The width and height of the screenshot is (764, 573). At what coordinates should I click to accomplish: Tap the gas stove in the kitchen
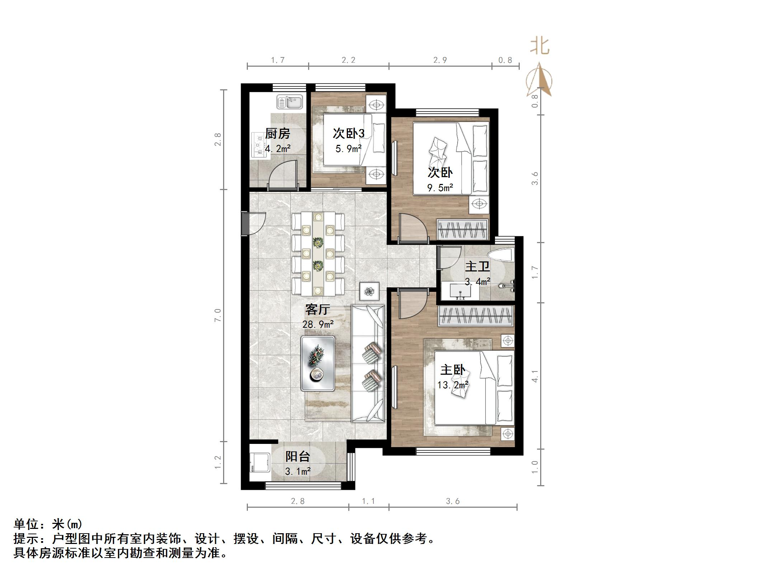[x=258, y=145]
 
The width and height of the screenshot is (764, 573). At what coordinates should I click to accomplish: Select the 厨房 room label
[x=277, y=134]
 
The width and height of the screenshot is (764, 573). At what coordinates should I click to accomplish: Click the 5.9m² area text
[x=348, y=148]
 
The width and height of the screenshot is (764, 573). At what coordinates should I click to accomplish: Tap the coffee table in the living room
[x=318, y=363]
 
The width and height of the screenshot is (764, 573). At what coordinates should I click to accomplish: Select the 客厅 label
[x=317, y=309]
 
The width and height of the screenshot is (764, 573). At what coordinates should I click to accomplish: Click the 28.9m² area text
[x=318, y=325]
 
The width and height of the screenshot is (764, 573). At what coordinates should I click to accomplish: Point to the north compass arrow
[x=539, y=81]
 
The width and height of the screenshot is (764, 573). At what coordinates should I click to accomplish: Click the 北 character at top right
[x=540, y=47]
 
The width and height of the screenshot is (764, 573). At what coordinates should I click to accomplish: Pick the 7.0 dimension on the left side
[x=218, y=315]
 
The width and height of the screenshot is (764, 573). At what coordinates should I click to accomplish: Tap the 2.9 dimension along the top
[x=440, y=60]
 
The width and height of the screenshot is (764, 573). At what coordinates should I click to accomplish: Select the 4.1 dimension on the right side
[x=535, y=375]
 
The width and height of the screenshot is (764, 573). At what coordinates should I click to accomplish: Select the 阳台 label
[x=297, y=456]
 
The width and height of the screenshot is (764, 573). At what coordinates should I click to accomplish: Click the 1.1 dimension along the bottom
[x=368, y=501]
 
